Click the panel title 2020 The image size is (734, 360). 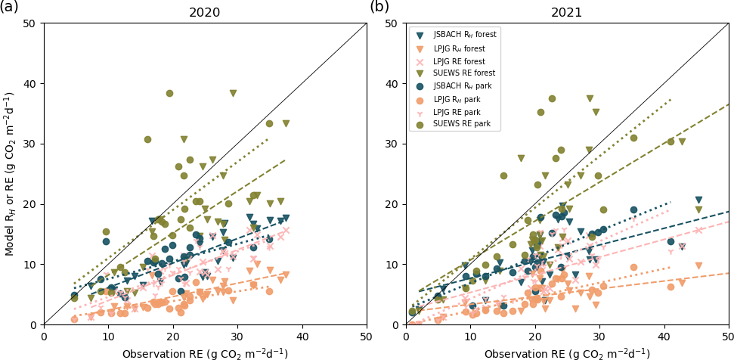pos(204,13)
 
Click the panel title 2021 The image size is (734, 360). pos(567,13)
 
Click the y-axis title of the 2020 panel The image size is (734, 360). pos(10,173)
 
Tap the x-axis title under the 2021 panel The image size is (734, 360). pos(567,353)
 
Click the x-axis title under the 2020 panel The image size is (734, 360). pos(204,353)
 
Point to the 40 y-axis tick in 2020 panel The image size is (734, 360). pos(31,83)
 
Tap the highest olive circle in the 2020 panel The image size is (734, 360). pos(169,93)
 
